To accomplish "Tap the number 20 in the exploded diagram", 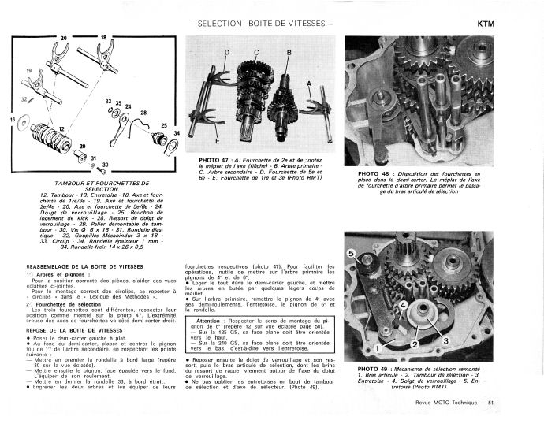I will coord(63,38).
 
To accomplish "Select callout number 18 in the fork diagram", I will coord(103,37).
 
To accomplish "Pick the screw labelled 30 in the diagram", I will coord(106,165).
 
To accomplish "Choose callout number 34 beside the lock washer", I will coord(177,133).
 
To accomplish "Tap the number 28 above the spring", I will coord(143,113).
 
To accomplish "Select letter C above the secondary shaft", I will coord(256,52).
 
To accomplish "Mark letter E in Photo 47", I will coord(217,142).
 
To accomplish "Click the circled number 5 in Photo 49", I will coord(351,253).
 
